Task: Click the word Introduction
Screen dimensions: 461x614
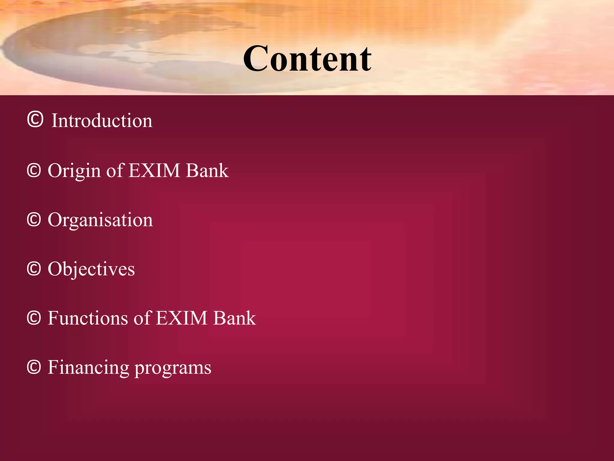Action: click(x=102, y=121)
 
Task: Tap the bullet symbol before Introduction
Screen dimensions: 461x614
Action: click(x=35, y=119)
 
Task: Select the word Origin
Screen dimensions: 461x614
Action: click(x=74, y=171)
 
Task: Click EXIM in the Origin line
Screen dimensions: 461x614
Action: click(x=154, y=170)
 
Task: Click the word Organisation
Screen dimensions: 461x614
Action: click(x=100, y=220)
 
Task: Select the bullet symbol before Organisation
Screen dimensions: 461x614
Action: click(x=34, y=220)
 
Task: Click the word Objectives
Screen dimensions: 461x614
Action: click(x=91, y=269)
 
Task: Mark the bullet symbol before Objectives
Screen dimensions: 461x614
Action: click(x=34, y=269)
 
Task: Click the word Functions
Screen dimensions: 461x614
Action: click(x=88, y=318)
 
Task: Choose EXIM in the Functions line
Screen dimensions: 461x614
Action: click(x=182, y=318)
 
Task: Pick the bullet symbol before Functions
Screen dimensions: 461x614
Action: click(x=34, y=318)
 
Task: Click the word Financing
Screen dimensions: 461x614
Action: click(x=88, y=368)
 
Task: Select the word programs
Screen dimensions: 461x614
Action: click(x=173, y=368)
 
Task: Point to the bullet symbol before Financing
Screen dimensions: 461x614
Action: click(x=34, y=367)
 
